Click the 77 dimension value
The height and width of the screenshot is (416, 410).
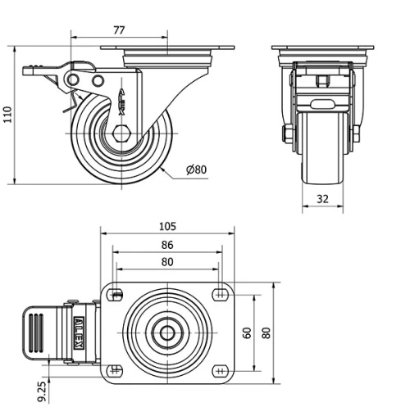(118, 30)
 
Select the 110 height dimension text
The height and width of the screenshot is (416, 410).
(8, 115)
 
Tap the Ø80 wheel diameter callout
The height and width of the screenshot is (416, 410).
(197, 170)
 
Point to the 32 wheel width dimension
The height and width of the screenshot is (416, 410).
(321, 198)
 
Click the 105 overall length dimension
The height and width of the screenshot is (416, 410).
(168, 226)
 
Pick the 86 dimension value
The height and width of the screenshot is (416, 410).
(167, 245)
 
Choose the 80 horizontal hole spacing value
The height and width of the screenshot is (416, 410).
(167, 263)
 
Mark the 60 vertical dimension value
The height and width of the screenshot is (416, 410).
(245, 333)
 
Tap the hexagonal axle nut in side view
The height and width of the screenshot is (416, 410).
(121, 133)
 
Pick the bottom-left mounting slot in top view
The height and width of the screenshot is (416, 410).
(116, 370)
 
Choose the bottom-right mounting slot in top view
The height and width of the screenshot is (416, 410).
(219, 370)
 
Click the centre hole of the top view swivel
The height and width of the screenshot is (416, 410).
(167, 332)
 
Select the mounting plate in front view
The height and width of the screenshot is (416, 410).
(321, 51)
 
